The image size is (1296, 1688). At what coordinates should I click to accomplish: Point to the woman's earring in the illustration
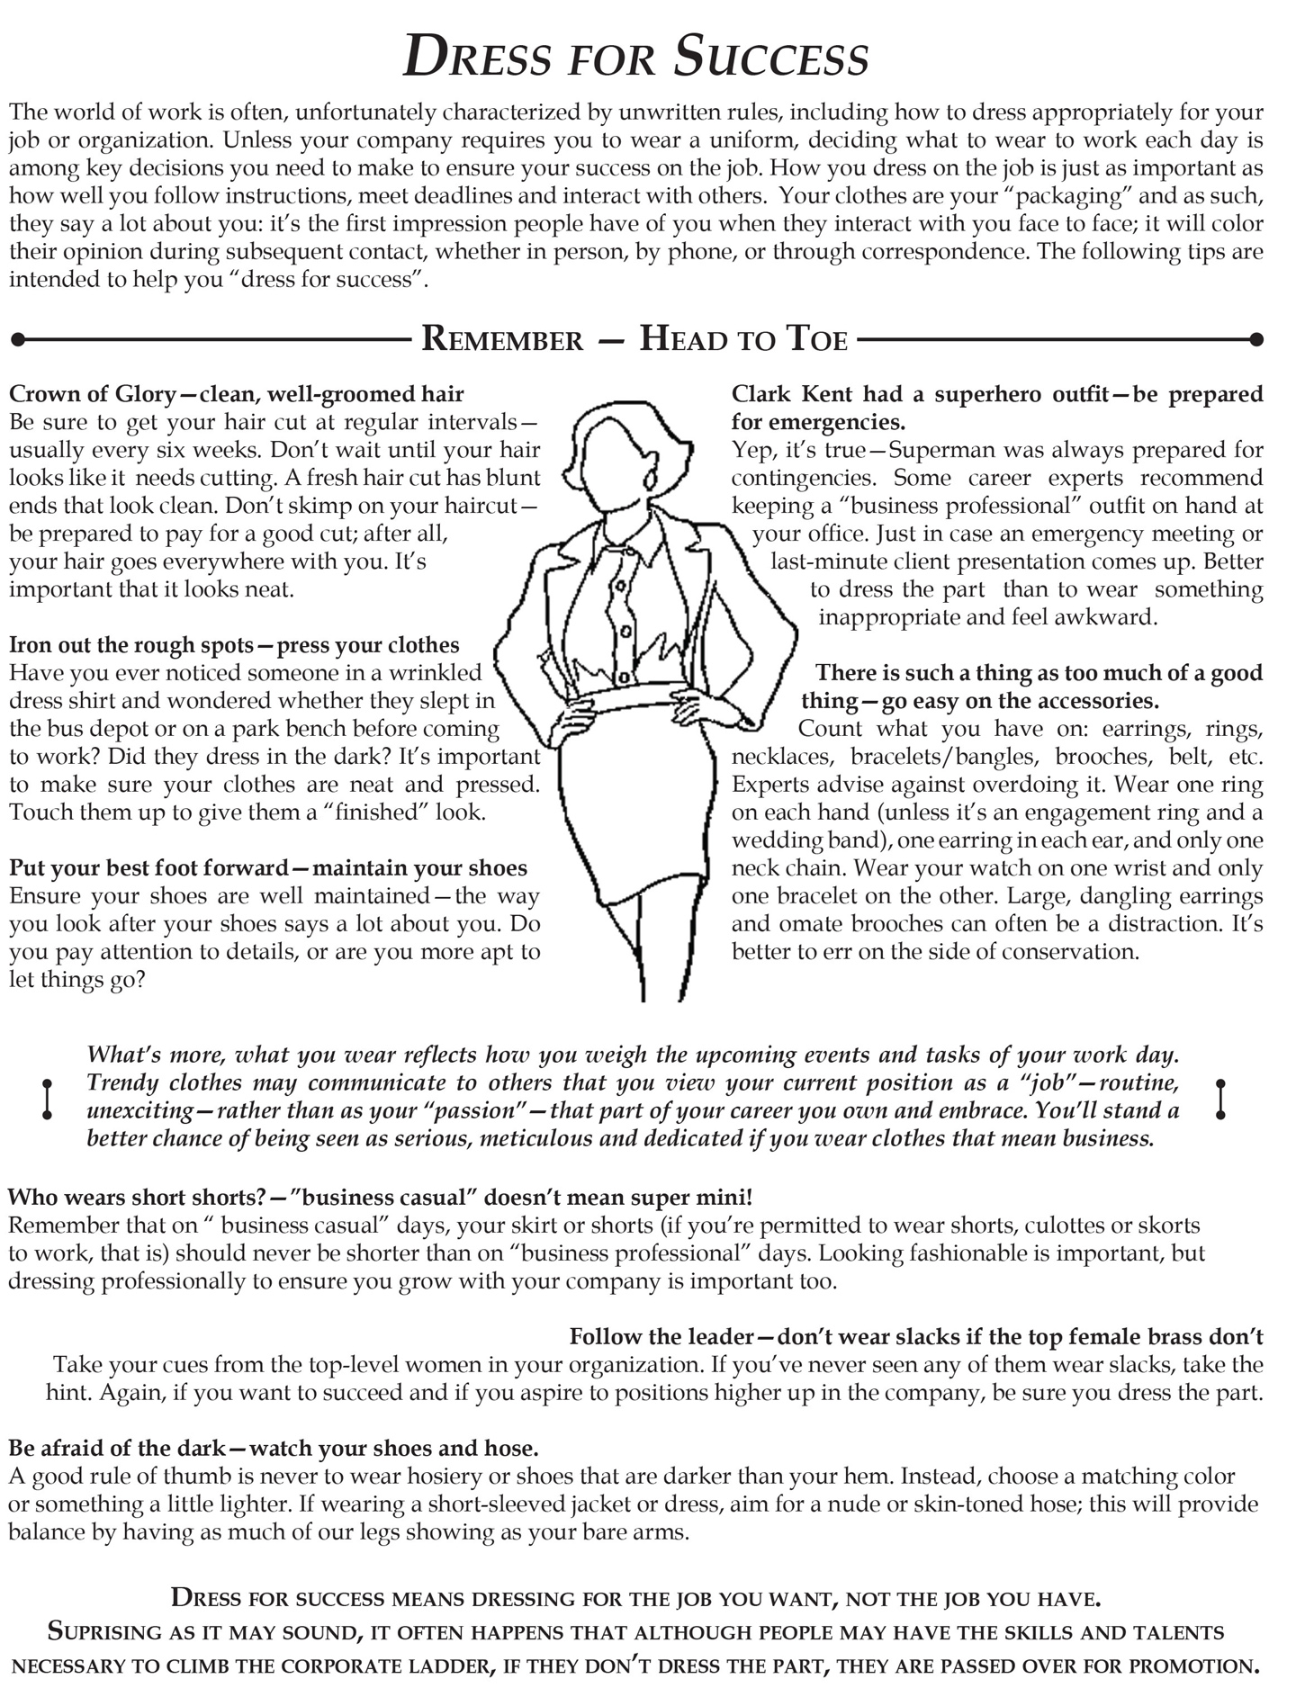[x=646, y=480]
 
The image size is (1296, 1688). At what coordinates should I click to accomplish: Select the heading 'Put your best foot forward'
[x=146, y=868]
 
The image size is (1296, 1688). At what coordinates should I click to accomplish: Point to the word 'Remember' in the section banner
[x=502, y=339]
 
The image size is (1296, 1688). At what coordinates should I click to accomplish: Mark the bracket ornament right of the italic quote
[x=1221, y=1099]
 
